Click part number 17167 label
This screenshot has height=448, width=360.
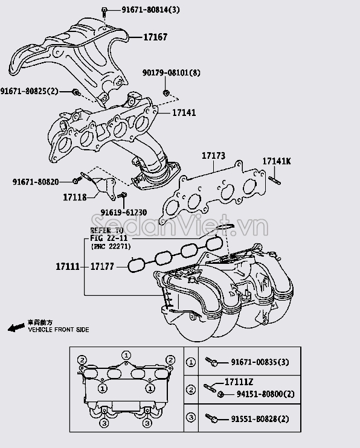pyautogui.click(x=155, y=37)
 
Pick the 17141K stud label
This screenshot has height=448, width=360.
pyautogui.click(x=276, y=161)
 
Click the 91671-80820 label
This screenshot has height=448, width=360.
pyautogui.click(x=35, y=182)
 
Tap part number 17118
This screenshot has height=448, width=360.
pyautogui.click(x=74, y=197)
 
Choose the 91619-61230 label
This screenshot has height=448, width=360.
pyautogui.click(x=123, y=213)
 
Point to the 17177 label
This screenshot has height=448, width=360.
pyautogui.click(x=103, y=266)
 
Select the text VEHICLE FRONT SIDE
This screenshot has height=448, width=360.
pyautogui.click(x=58, y=330)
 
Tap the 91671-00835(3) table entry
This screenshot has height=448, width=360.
pyautogui.click(x=260, y=362)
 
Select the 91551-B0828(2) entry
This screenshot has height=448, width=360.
pyautogui.click(x=260, y=418)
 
